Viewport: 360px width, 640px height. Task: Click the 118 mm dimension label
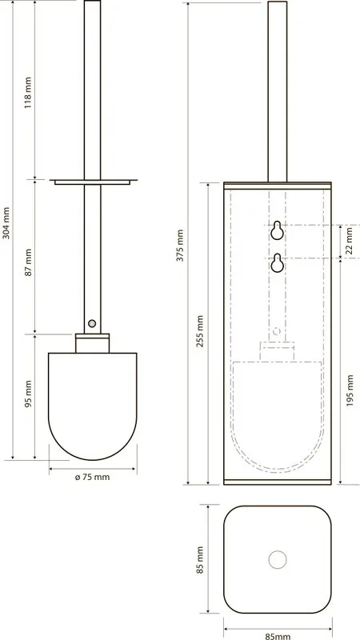27,91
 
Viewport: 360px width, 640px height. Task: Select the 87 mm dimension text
28,262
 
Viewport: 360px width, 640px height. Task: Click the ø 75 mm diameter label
93,477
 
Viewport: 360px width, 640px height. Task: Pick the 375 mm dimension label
181,246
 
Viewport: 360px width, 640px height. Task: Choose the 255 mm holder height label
200,331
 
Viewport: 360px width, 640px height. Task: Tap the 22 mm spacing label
349,242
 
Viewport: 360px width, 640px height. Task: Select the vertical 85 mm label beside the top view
200,560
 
